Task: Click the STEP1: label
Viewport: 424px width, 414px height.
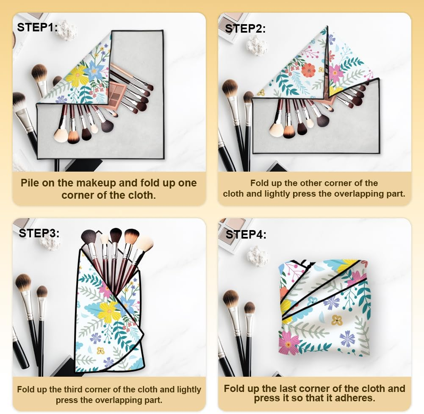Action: click(x=37, y=27)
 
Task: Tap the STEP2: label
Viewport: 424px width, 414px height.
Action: click(x=245, y=29)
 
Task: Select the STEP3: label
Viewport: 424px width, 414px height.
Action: click(x=39, y=233)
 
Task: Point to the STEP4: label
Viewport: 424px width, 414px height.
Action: click(x=246, y=234)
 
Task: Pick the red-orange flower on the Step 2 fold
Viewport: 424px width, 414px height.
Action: click(x=308, y=70)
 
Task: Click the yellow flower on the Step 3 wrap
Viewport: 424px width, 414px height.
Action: click(x=108, y=311)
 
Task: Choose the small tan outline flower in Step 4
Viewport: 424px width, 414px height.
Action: click(x=337, y=320)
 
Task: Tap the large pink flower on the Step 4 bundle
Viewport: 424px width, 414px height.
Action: click(x=289, y=343)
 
